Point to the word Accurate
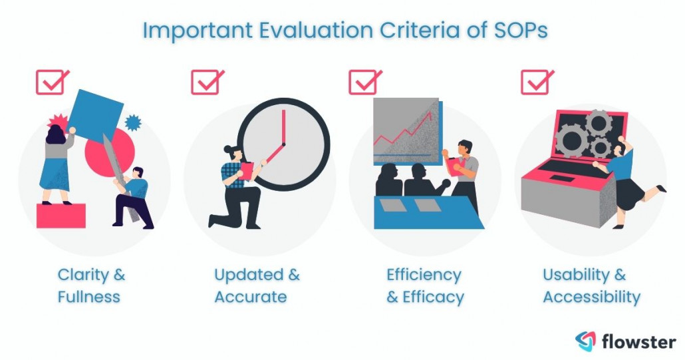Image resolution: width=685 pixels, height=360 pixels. (250, 297)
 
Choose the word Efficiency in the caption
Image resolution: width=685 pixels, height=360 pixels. (424, 275)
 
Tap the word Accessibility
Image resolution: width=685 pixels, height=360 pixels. (591, 297)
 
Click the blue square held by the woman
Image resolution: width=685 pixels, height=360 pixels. (96, 115)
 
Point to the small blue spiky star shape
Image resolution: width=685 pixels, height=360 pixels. (134, 122)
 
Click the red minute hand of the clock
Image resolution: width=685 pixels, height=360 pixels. (284, 126)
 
